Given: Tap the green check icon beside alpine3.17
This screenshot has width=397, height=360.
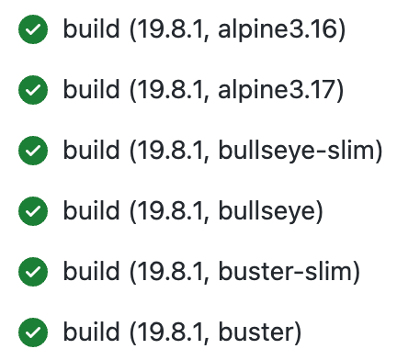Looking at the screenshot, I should point(34,90).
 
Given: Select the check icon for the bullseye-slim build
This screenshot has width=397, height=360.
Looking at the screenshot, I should point(34,150).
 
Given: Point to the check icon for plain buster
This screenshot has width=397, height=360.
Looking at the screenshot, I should point(34,330).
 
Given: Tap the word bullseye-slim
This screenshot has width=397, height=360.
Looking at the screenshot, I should point(297,150).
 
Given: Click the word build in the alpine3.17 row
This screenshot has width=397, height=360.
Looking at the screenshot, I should point(90,90).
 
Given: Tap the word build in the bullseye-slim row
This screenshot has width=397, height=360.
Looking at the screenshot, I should point(90,150).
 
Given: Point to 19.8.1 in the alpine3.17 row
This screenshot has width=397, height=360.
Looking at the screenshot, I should point(172,90).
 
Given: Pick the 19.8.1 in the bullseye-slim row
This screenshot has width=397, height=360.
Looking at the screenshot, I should point(172,150).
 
